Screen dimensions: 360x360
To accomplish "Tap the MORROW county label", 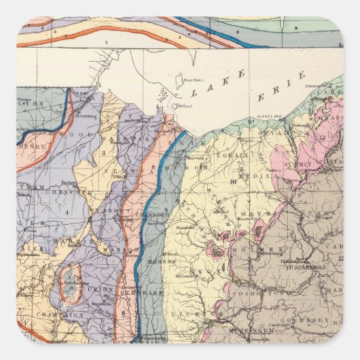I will pyautogui.click(x=166, y=262).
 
